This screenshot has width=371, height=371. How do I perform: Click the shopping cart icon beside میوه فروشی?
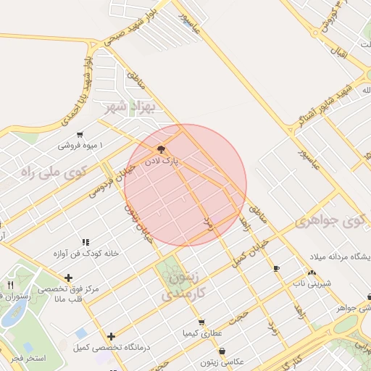click(x=79, y=135)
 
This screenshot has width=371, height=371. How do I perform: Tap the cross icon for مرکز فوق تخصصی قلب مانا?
click(x=68, y=278)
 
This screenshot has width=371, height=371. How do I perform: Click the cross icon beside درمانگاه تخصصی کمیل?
click(x=111, y=336)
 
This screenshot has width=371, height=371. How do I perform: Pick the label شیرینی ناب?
click(x=312, y=283)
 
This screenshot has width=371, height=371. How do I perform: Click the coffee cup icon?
click(x=275, y=268)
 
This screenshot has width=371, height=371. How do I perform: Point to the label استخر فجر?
click(x=29, y=358)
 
